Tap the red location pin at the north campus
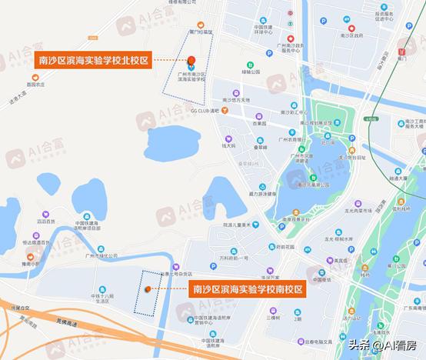click(x=191, y=61)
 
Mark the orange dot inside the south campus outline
click(x=148, y=289)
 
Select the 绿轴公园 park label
click(x=251, y=72)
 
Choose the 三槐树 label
click(x=275, y=316)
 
